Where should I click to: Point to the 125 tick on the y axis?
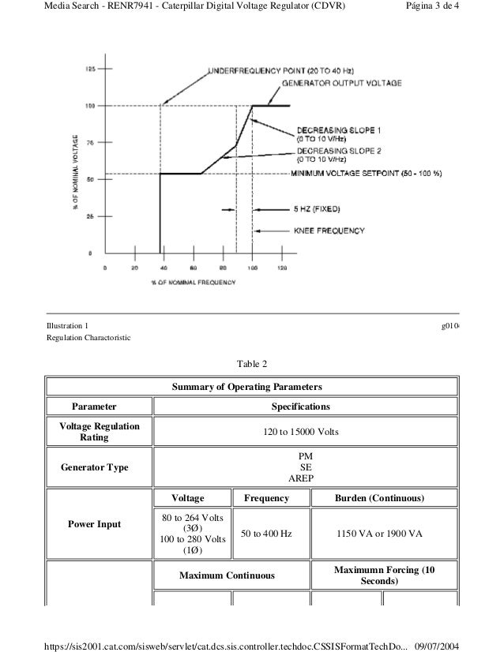(x=90, y=69)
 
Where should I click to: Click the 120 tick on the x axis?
(x=282, y=268)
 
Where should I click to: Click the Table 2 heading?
(x=253, y=365)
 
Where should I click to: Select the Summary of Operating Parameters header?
(x=252, y=387)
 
